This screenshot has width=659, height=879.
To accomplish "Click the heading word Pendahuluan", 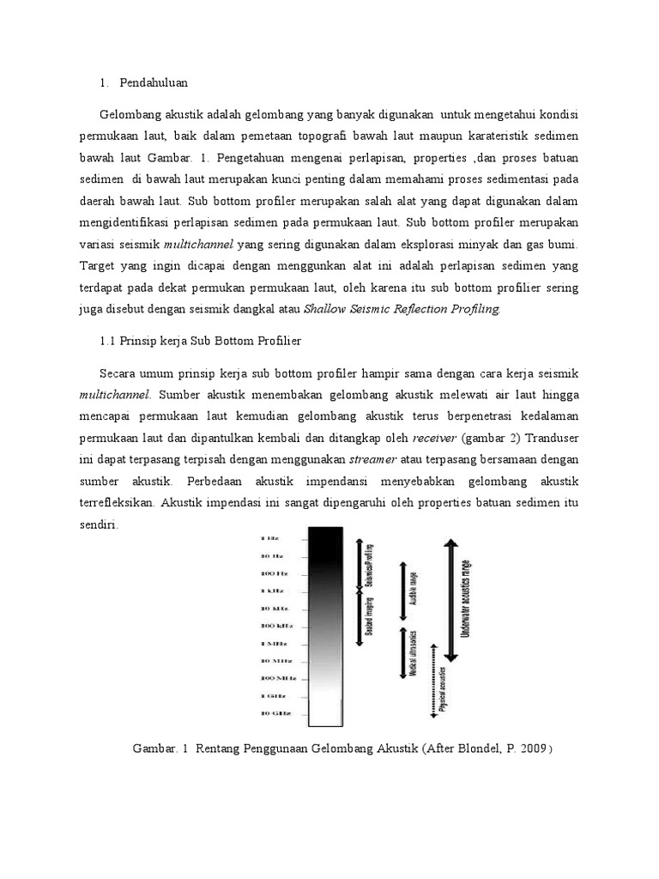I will pos(154,83).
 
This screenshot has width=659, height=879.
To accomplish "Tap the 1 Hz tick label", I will pos(269,538).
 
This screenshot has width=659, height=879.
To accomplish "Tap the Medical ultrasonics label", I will pos(414,652).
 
